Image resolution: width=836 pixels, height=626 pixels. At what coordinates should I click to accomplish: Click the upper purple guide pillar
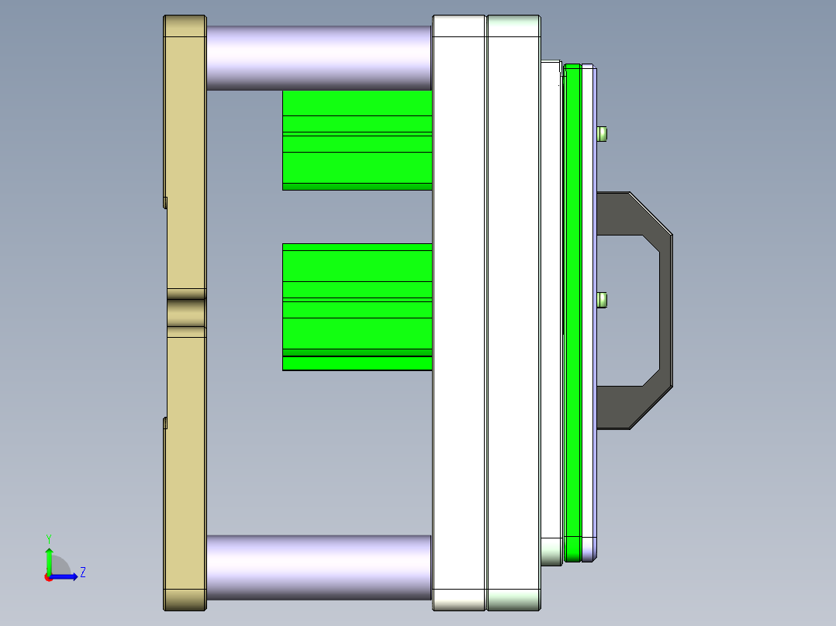(318, 57)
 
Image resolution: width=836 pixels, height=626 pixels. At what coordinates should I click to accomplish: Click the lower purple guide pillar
(318, 566)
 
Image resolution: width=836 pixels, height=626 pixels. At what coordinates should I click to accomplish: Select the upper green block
(357, 139)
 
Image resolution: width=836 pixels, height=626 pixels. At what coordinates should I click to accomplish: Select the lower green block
(357, 306)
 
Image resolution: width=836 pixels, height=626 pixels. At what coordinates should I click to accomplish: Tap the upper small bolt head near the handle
(603, 133)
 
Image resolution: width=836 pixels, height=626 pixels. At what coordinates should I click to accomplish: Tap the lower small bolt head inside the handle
(603, 299)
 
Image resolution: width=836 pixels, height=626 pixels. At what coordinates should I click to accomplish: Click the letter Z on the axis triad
(82, 573)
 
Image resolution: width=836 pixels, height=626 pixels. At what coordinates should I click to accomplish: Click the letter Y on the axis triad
(48, 538)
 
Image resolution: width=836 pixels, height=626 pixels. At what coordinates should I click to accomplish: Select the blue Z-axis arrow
(66, 576)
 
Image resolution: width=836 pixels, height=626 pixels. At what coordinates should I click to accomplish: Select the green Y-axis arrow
(49, 559)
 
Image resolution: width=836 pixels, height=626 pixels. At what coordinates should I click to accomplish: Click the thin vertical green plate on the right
(572, 310)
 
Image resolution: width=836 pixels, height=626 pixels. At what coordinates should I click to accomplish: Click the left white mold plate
(458, 310)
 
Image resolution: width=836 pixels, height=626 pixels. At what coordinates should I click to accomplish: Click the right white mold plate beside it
(513, 310)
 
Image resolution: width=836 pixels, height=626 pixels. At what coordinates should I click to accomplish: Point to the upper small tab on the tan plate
(165, 202)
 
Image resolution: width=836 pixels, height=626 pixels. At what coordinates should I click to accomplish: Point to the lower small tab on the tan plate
(165, 422)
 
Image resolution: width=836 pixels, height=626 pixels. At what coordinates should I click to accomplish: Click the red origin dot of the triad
(48, 577)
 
